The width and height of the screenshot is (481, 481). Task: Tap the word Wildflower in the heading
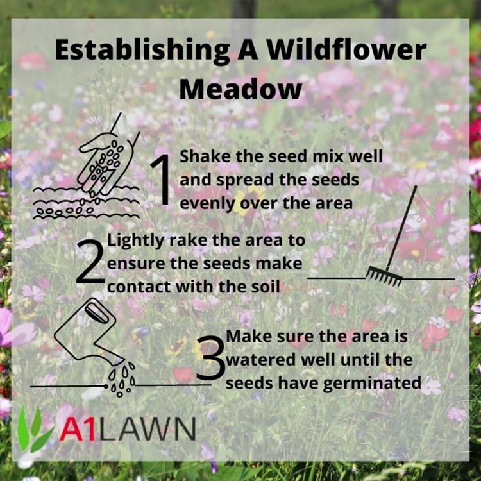(x=346, y=49)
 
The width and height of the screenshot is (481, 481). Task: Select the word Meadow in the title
(x=240, y=89)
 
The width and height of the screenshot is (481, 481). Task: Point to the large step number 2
(x=89, y=262)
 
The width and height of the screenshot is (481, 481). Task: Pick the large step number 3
(x=210, y=357)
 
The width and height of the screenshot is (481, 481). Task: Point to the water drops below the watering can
(x=122, y=380)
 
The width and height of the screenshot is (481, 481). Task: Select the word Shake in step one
(x=205, y=156)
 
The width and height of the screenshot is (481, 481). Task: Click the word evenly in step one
(x=207, y=204)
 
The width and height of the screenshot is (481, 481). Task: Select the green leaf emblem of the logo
(x=35, y=430)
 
